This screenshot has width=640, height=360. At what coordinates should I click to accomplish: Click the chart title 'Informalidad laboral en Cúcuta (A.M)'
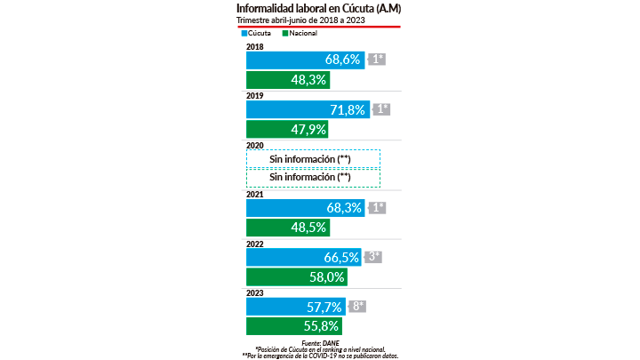[317, 8]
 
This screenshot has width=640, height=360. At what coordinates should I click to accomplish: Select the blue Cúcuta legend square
[241, 33]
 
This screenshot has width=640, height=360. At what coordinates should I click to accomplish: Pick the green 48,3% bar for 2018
[287, 79]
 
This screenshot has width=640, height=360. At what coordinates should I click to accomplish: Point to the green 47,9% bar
[287, 130]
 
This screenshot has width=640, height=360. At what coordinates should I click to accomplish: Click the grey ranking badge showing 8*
[356, 307]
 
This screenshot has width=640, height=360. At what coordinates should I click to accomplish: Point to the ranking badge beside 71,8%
[381, 109]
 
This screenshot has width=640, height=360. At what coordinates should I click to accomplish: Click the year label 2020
[254, 144]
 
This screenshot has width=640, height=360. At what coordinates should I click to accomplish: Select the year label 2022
[254, 243]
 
